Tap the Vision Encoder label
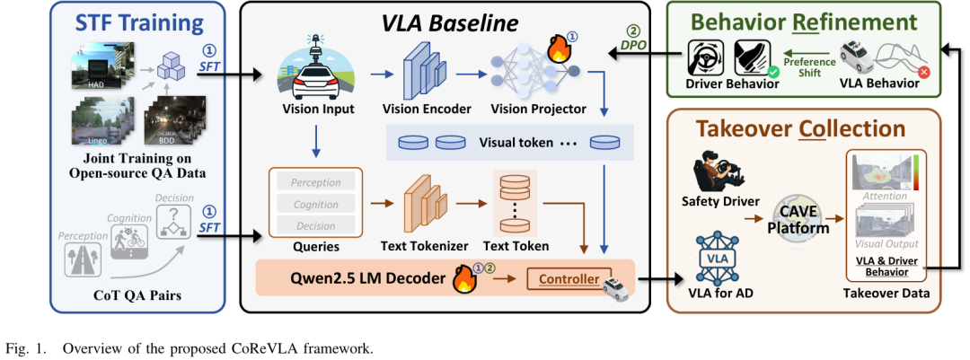tap(427, 110)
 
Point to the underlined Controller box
tap(569, 279)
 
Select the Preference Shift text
tap(808, 68)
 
